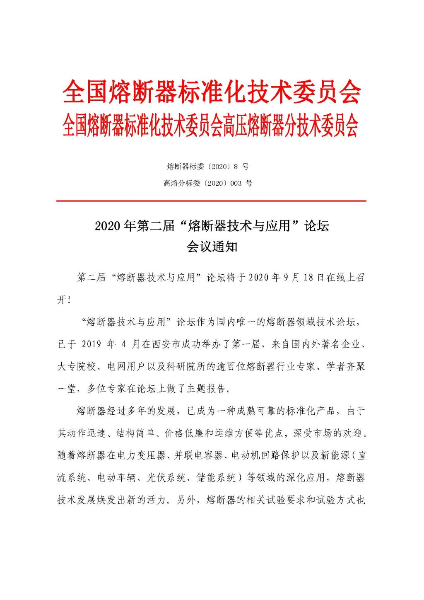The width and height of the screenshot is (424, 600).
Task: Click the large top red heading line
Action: coord(212,92)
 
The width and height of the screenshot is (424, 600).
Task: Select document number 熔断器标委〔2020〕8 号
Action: coord(207,167)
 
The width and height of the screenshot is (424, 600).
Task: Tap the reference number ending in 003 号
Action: coord(207,183)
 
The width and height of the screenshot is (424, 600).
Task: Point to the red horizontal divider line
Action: coord(212,201)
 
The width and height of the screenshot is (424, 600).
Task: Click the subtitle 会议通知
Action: coord(212,247)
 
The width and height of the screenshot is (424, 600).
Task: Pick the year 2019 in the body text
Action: coord(92,344)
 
